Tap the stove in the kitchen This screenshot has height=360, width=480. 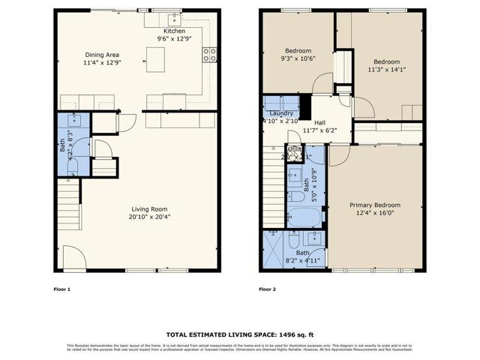point(211,54)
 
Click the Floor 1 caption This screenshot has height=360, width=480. point(61,289)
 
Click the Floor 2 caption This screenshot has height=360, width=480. point(267,289)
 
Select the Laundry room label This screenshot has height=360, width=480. point(282,113)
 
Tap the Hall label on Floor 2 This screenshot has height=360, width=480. point(319,122)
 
